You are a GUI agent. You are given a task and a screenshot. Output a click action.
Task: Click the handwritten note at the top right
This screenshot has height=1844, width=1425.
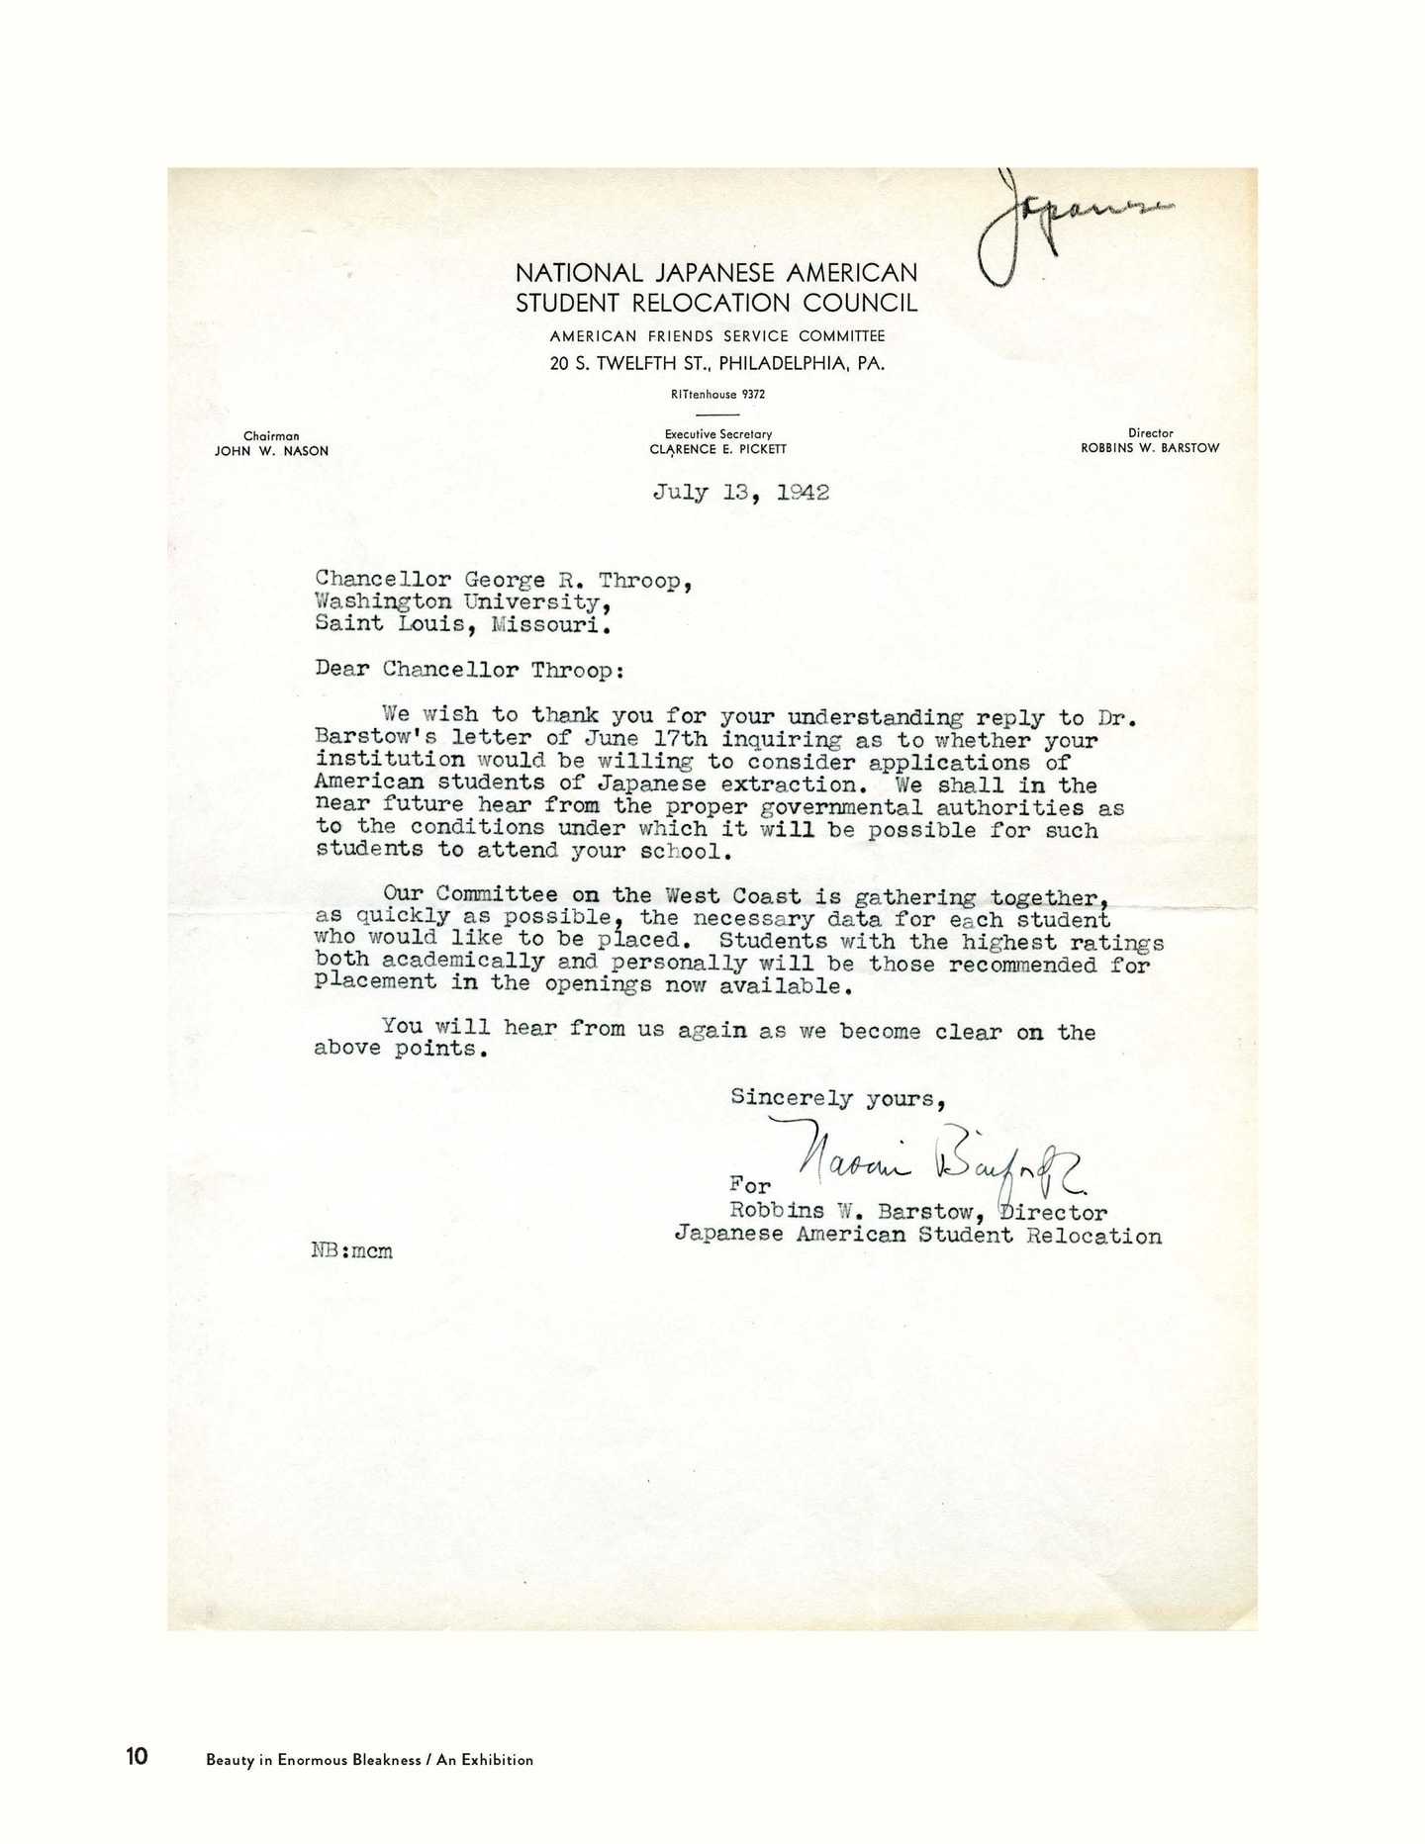(x=1069, y=223)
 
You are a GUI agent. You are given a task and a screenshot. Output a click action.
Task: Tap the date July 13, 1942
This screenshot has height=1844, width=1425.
(x=740, y=492)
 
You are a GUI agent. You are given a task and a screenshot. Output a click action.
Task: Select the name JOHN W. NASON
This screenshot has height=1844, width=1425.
(x=271, y=451)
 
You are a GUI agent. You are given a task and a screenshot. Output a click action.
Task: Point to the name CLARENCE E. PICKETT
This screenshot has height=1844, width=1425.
(x=717, y=449)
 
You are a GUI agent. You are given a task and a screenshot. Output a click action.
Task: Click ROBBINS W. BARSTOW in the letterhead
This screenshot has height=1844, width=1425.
(x=1150, y=448)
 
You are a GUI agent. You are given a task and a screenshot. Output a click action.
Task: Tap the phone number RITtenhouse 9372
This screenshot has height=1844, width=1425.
(x=717, y=394)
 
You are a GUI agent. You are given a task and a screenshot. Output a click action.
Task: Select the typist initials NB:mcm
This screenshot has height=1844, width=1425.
(x=352, y=1250)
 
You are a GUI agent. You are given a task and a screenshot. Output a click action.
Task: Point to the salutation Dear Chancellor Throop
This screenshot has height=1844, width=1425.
(x=469, y=669)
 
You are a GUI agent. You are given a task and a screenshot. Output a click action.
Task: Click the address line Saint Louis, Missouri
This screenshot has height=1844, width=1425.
(x=462, y=624)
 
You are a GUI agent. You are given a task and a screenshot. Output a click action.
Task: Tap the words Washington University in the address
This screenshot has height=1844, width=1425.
(x=456, y=602)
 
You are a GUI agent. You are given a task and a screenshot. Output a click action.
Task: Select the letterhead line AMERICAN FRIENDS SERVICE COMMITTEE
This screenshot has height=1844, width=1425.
(x=717, y=336)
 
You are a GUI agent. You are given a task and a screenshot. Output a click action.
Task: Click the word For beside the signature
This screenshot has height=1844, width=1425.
(x=749, y=1184)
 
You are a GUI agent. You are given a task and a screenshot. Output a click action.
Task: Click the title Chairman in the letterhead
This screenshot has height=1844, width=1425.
(x=271, y=436)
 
